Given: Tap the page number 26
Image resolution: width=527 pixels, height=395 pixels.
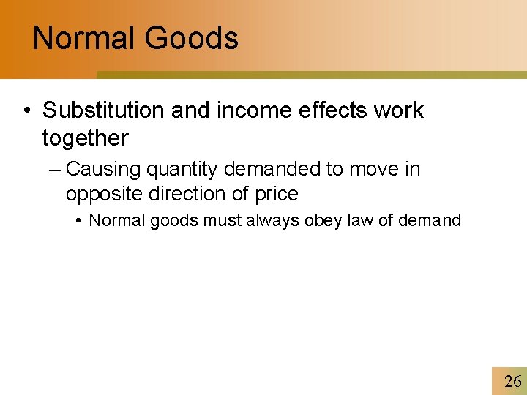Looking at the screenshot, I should pos(513,381).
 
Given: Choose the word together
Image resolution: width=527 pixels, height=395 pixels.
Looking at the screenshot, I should pos(85,138).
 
